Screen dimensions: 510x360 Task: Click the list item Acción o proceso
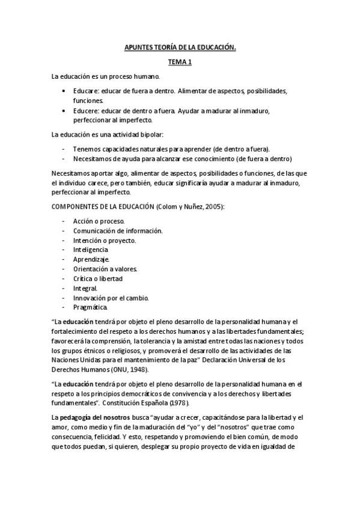pyautogui.click(x=99, y=222)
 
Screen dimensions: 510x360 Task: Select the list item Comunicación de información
pyautogui.click(x=118, y=230)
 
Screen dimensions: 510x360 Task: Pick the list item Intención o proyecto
pyautogui.click(x=105, y=240)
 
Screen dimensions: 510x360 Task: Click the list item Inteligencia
pyautogui.click(x=91, y=249)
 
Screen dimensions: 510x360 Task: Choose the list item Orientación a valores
pyautogui.click(x=105, y=268)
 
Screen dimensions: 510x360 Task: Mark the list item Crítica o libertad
pyautogui.click(x=98, y=278)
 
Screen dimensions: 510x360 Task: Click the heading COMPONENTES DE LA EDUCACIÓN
pyautogui.click(x=102, y=207)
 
